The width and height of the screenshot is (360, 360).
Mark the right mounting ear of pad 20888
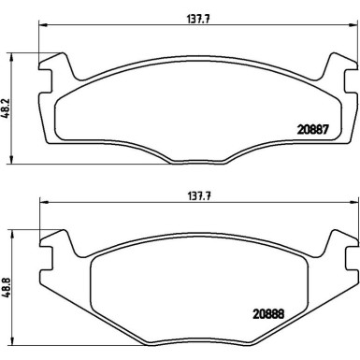334,247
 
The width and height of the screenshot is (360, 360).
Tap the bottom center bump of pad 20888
193,338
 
